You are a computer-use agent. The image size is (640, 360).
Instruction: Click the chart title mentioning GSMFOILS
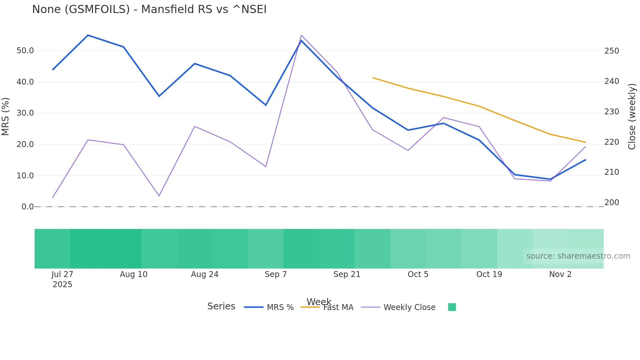point(149,9)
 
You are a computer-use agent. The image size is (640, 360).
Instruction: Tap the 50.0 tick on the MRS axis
point(25,51)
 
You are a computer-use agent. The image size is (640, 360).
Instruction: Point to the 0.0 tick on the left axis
point(27,207)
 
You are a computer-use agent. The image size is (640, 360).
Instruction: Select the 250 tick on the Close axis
point(612,51)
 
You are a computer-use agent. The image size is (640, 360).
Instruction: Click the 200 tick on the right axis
point(612,203)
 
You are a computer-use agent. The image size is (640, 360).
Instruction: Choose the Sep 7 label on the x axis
point(276,274)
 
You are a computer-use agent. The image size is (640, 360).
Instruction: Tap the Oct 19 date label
point(489,274)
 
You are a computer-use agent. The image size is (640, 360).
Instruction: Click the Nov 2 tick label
point(560,274)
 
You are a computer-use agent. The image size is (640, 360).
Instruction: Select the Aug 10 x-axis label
point(134,274)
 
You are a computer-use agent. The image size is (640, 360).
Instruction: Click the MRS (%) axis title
point(6,116)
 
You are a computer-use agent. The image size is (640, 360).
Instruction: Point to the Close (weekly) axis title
point(632,117)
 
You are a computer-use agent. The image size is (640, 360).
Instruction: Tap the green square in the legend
point(452,307)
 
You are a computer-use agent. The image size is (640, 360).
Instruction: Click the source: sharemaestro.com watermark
point(578,256)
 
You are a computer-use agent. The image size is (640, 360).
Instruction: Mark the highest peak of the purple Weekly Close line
point(301,35)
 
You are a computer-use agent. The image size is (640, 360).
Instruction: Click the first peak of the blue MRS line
point(88,35)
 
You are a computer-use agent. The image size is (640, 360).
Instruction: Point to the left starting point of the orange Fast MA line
point(373,78)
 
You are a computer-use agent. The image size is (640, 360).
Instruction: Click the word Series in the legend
point(221,306)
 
